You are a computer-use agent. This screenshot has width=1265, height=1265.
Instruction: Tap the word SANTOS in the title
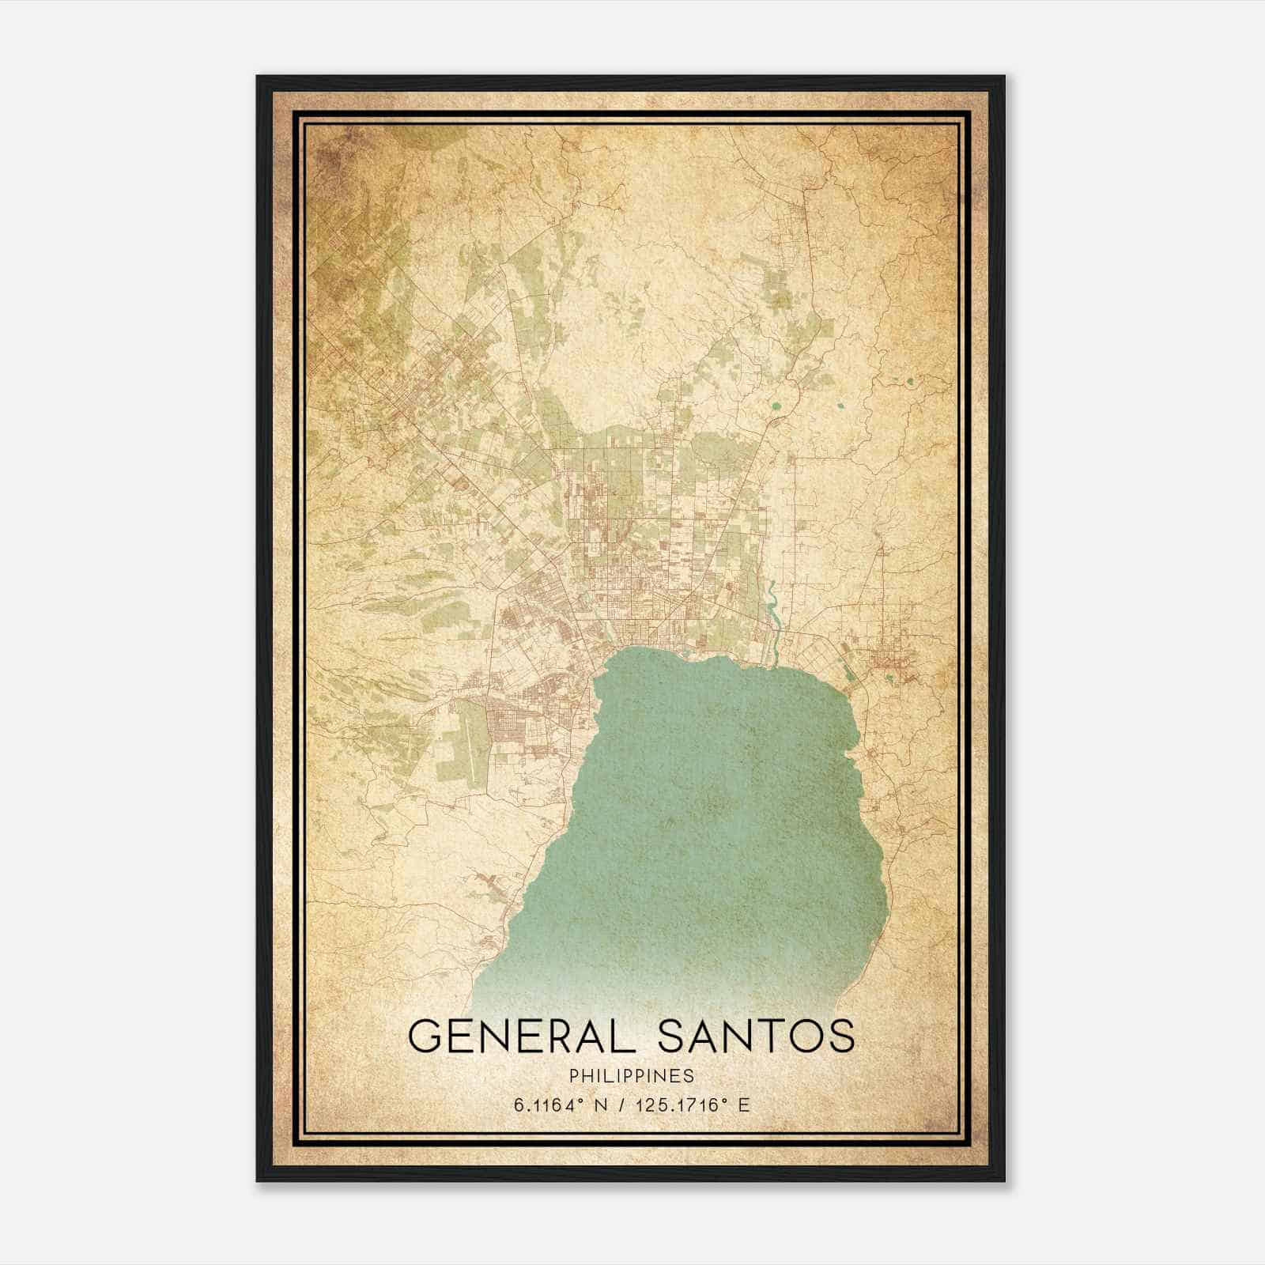[x=757, y=1036]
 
